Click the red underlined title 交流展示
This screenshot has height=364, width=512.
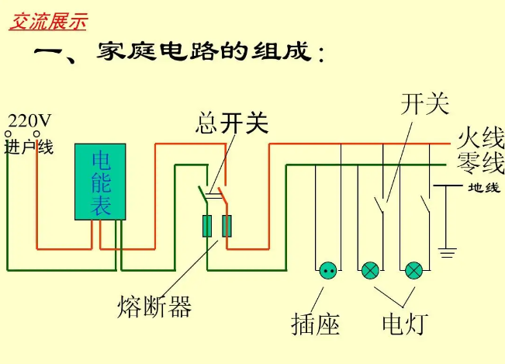tap(47, 22)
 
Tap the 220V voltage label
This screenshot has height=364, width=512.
tap(29, 120)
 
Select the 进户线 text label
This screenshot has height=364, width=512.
tap(29, 147)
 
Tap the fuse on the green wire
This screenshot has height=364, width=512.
tap(207, 226)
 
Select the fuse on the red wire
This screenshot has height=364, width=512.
tap(227, 226)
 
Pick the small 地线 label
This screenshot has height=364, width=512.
tap(484, 188)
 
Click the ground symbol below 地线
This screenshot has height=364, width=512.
tap(446, 252)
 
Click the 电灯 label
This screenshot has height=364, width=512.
tap(403, 324)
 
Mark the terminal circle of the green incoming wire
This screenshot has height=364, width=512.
tap(8, 134)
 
